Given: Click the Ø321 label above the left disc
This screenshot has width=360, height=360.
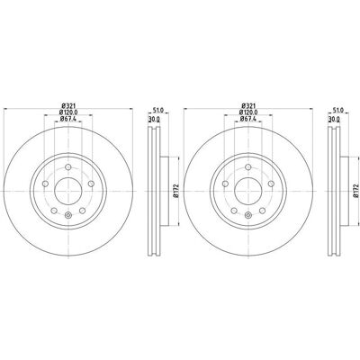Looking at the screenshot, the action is [x=68, y=105].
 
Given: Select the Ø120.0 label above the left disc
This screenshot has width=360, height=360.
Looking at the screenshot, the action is [x=68, y=112].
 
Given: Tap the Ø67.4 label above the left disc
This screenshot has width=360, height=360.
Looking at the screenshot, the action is [x=68, y=119].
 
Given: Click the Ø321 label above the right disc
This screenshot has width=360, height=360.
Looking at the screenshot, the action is [x=248, y=105].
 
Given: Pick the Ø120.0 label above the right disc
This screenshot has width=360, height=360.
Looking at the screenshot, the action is [x=248, y=112].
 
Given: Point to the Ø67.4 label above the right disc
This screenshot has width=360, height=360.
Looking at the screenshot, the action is [x=248, y=119].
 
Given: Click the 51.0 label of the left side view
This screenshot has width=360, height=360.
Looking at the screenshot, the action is [x=158, y=111].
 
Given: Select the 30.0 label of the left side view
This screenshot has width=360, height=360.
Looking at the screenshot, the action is [x=154, y=119].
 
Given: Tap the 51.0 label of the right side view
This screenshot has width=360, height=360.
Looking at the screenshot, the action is [x=338, y=111].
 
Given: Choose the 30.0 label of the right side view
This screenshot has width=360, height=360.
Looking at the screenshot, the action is [x=334, y=119].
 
